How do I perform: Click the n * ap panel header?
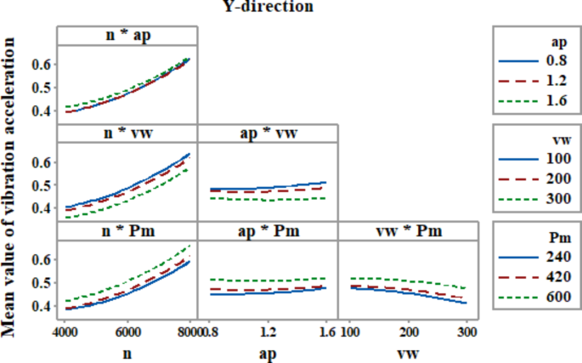pos(127,36)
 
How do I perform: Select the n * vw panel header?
pos(127,133)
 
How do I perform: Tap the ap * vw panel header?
pos(268,133)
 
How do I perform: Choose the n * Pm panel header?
pos(127,231)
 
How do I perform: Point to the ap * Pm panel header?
pos(268,231)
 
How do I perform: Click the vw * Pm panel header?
pos(409,231)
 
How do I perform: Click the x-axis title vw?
pos(409,349)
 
